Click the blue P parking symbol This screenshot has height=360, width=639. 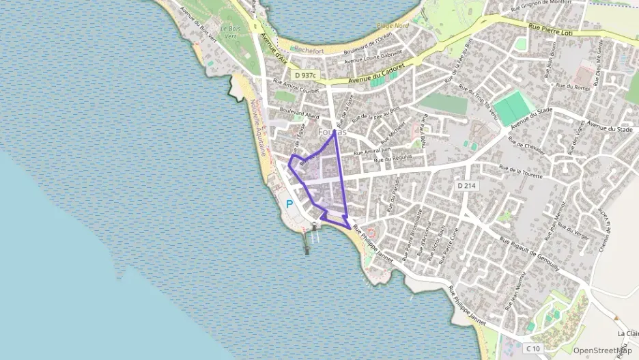[x=289, y=204]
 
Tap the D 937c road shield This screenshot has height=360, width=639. [x=308, y=75]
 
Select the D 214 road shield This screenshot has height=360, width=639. [x=466, y=185]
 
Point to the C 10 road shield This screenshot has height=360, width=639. [x=534, y=348]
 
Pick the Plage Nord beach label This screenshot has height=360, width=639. [x=393, y=26]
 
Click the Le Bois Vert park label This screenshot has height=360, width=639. [x=233, y=32]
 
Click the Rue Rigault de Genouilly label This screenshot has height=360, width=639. [x=529, y=254]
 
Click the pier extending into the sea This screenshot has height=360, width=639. [x=307, y=239]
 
